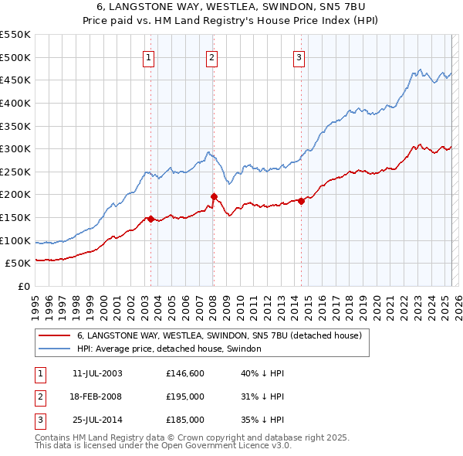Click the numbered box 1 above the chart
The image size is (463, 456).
pos(147,56)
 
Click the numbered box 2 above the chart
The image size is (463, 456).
pos(211,56)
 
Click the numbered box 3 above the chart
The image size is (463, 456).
pos(299,56)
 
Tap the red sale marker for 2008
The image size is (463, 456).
pos(214,196)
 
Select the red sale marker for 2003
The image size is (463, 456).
pos(150,219)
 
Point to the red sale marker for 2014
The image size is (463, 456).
pos(302,201)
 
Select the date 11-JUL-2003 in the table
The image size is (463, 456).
pos(96,373)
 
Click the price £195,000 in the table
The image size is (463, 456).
pos(185,396)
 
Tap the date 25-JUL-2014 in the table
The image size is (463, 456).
pos(96,420)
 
